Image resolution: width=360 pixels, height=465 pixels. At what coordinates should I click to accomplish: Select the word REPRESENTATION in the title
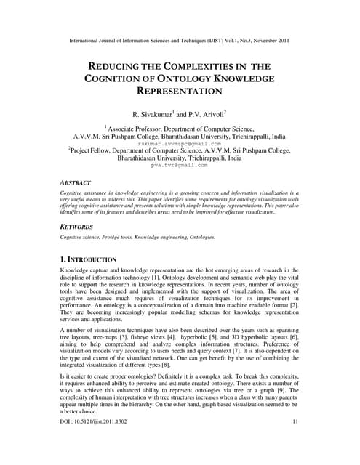click(x=181, y=92)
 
